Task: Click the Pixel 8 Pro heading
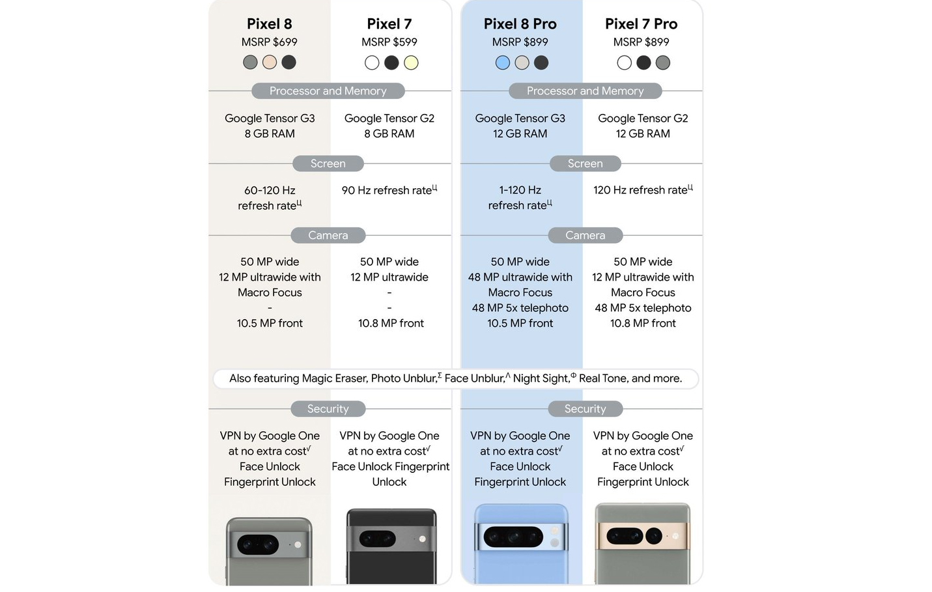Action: [520, 24]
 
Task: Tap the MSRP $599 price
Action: [389, 42]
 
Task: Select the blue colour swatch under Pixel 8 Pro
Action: [502, 63]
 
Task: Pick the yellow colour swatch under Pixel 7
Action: [411, 63]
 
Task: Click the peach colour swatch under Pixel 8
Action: [270, 63]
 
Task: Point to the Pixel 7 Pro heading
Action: [641, 24]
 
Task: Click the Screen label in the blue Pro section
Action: [585, 163]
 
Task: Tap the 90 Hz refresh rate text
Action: [387, 190]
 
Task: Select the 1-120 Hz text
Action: [520, 190]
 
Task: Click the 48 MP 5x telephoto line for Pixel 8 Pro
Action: [520, 308]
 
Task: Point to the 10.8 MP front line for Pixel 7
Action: [391, 323]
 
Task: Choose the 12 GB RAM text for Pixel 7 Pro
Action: [643, 134]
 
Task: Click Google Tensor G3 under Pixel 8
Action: [270, 119]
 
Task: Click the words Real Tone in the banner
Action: [602, 378]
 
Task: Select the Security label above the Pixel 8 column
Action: [328, 409]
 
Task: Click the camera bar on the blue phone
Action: [520, 537]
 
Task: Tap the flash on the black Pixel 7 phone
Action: [422, 539]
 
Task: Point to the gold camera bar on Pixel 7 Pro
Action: [642, 536]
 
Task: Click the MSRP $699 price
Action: [269, 42]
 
